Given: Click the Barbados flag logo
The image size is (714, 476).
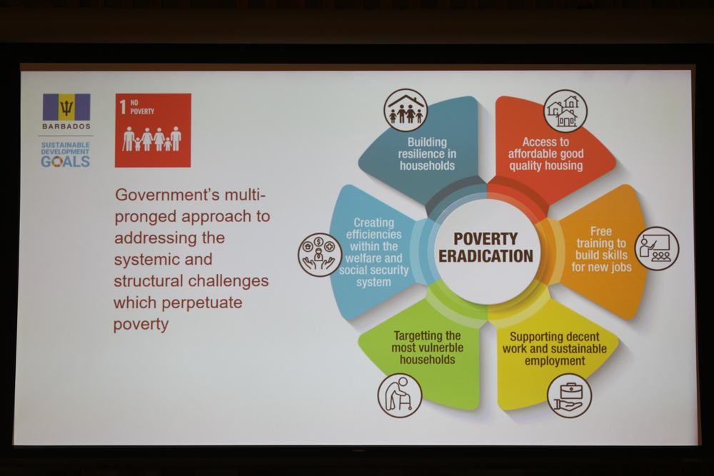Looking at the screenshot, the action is [x=66, y=107].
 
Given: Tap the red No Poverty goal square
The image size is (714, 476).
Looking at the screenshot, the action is [x=153, y=131].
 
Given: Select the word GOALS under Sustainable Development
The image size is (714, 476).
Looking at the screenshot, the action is [x=66, y=161].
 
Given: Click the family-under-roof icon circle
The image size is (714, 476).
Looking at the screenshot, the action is [x=406, y=111].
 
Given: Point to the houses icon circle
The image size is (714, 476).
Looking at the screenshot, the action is [x=565, y=111].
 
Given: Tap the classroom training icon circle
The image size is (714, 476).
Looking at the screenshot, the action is [x=657, y=248].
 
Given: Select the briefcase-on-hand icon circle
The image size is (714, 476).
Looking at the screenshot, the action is [x=569, y=396].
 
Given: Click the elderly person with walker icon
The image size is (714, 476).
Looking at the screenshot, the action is [x=400, y=395].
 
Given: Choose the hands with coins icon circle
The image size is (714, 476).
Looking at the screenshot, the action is [x=320, y=255].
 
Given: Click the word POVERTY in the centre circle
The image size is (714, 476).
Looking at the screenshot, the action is [x=486, y=239].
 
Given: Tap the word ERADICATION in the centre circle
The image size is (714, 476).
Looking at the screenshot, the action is [x=486, y=256].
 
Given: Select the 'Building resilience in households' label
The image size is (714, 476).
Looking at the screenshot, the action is [x=427, y=154].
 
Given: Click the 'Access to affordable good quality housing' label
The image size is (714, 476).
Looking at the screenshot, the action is [x=546, y=154].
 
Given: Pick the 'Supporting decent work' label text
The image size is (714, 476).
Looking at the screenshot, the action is [x=555, y=348].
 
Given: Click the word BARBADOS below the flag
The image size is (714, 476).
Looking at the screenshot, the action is [x=66, y=126].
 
